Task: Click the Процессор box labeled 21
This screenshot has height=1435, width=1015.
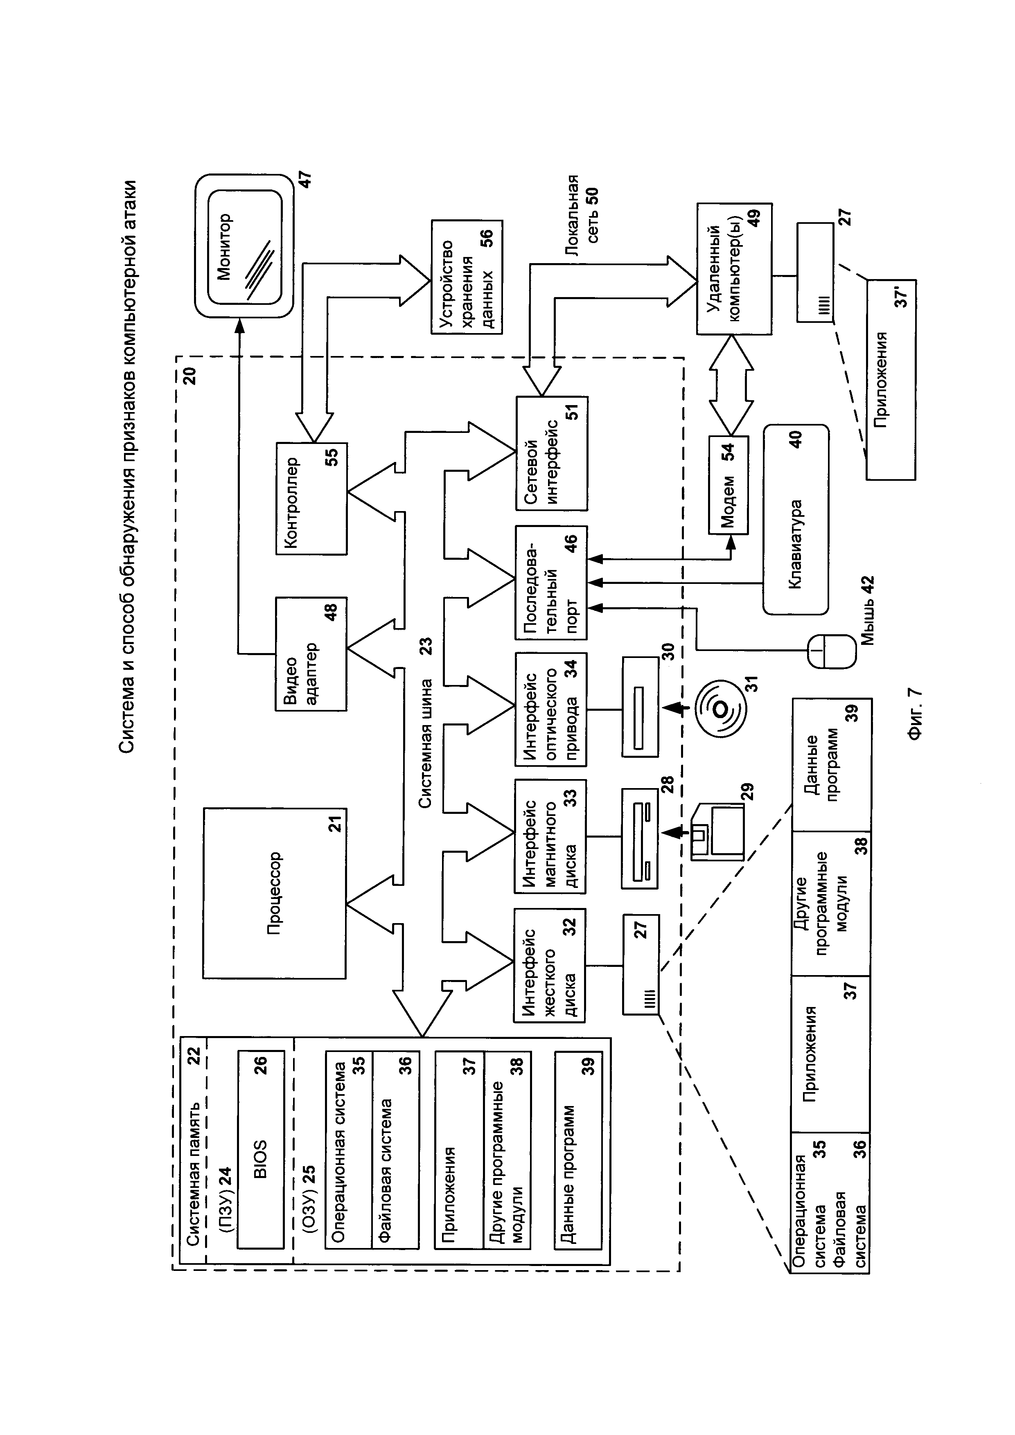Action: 274,893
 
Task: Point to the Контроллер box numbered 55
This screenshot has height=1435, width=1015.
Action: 311,498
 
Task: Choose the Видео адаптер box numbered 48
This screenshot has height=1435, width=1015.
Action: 311,654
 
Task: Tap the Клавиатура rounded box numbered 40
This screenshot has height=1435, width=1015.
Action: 796,519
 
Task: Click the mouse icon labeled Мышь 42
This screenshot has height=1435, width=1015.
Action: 831,652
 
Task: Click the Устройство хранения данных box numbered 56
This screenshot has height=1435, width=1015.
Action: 466,277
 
